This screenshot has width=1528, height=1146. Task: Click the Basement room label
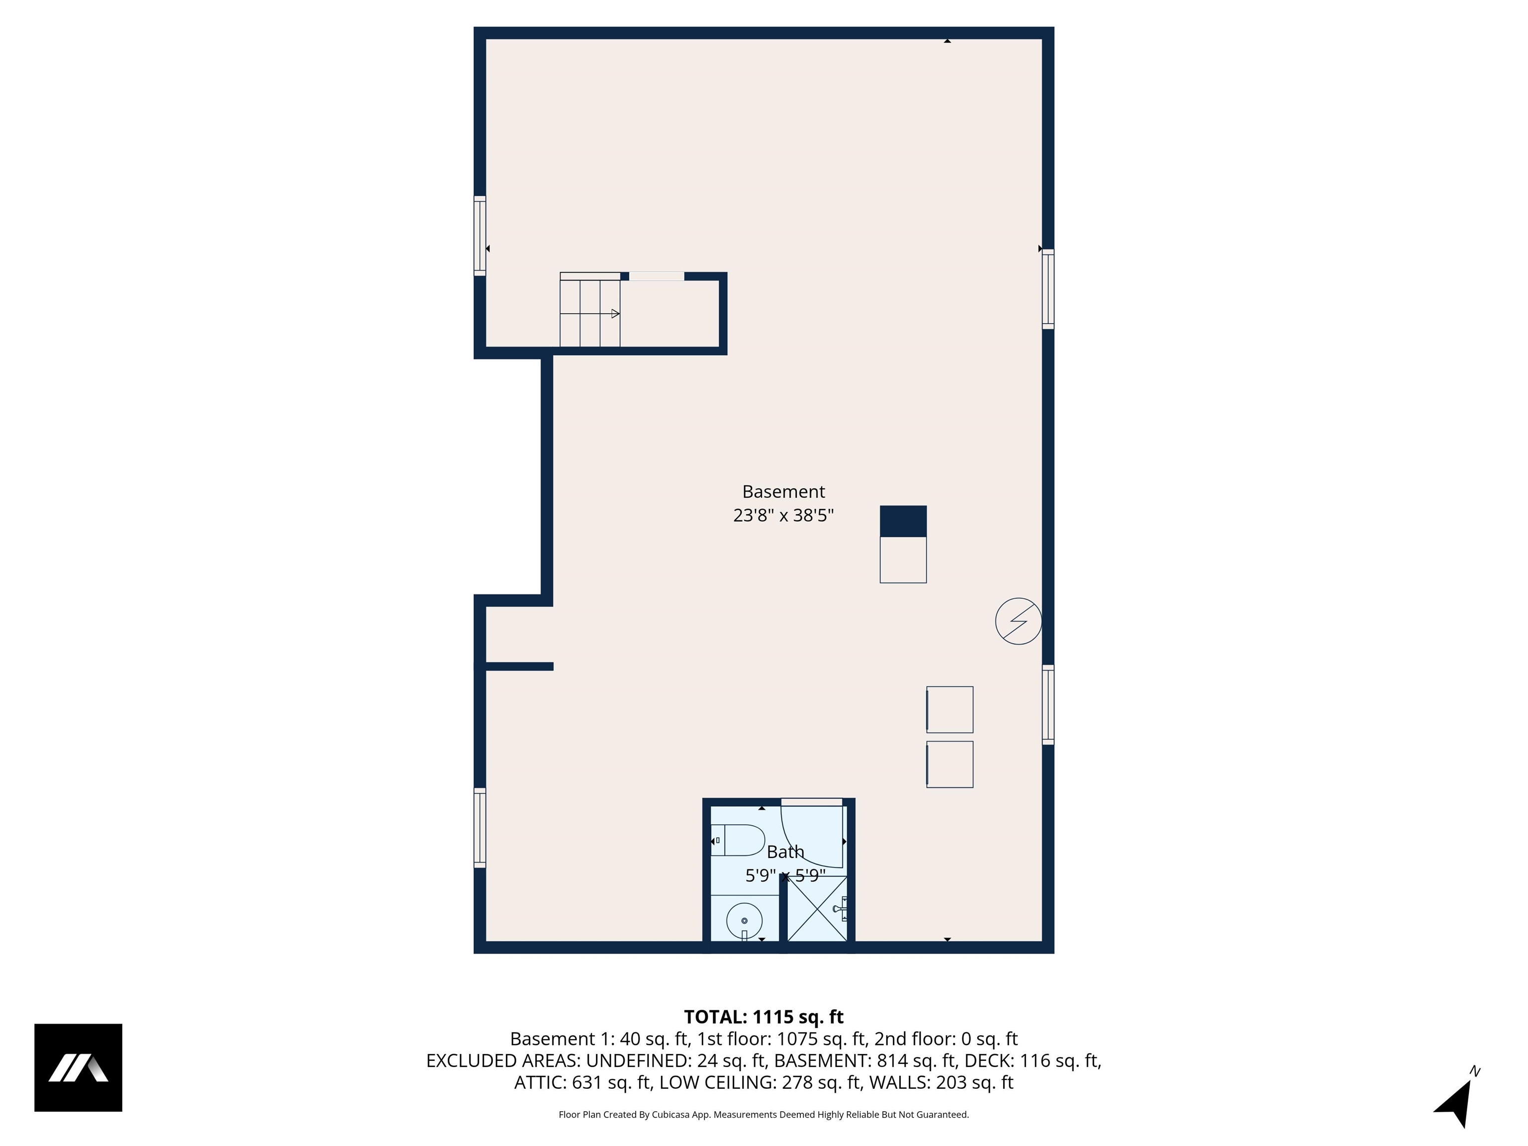coord(783,492)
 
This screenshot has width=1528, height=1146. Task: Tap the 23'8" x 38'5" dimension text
coord(783,515)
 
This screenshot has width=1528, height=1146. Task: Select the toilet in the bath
coord(738,840)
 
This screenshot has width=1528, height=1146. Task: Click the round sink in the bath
coord(744,921)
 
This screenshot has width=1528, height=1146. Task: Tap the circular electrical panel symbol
coord(1018,621)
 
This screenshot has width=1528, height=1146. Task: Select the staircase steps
coord(589,313)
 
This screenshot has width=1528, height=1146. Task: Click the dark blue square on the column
coord(903,522)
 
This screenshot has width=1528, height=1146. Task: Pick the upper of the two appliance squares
coord(950,709)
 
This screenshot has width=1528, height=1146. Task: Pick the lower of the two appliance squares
coord(950,764)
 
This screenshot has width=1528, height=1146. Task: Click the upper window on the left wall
coord(479,236)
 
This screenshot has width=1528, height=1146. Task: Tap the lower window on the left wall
coord(479,828)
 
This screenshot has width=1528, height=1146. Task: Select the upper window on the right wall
coord(1048,289)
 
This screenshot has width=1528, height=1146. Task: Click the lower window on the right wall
coord(1048,705)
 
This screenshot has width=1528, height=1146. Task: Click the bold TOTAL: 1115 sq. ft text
coord(764,1017)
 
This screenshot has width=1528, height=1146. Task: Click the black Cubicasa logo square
coord(78,1067)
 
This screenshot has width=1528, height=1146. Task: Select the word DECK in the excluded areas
coord(989,1060)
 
